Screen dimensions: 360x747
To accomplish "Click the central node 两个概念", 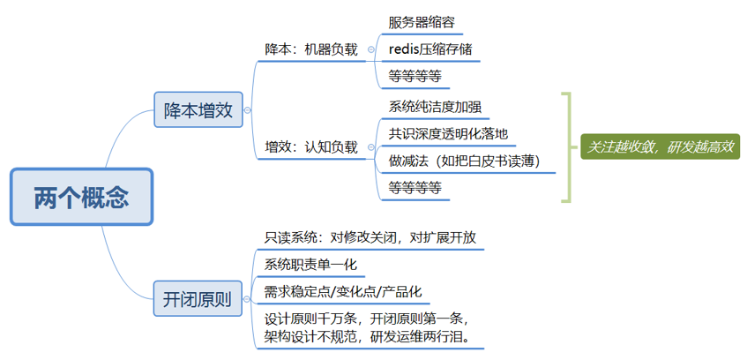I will [x=81, y=196].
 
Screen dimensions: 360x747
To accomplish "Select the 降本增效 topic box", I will [x=198, y=109].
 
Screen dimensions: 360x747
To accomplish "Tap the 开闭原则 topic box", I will [x=198, y=299].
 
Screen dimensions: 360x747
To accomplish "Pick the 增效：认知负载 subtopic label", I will [x=311, y=146].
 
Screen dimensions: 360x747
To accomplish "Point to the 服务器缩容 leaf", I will [x=422, y=22].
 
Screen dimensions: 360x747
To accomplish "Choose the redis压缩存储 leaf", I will [x=430, y=49].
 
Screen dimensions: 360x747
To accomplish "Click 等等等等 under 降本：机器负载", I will [x=415, y=76].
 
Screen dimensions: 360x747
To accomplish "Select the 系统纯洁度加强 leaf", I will [x=435, y=107].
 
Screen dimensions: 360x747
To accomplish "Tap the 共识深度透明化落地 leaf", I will [x=448, y=133].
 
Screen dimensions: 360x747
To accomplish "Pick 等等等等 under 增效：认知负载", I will [x=415, y=187].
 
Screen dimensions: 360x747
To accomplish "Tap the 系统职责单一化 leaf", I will [x=310, y=265].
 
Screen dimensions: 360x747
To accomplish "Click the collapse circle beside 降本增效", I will [x=248, y=110].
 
